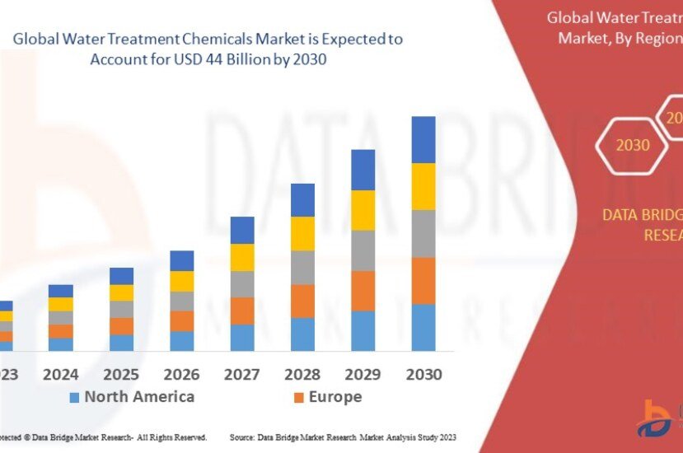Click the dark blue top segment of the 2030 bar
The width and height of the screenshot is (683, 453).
click(x=423, y=139)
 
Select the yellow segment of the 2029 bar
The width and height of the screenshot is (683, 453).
click(x=363, y=210)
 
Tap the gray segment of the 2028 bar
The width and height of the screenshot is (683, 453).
click(x=302, y=268)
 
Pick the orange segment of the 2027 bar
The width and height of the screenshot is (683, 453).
click(x=242, y=311)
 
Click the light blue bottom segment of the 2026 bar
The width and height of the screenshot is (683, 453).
click(x=181, y=341)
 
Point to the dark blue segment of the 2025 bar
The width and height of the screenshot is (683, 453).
click(x=121, y=276)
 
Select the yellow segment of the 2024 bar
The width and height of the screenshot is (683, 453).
click(x=61, y=304)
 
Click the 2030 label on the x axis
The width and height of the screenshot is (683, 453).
click(x=423, y=374)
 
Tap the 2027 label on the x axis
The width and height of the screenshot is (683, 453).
click(x=242, y=374)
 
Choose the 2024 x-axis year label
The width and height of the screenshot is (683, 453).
click(x=61, y=374)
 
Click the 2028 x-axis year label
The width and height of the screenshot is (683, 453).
click(x=302, y=374)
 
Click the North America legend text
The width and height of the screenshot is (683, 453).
click(x=139, y=397)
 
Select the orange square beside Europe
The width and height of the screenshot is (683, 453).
click(x=298, y=398)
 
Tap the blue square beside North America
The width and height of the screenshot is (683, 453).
click(x=74, y=398)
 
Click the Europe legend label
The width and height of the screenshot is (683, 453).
click(x=334, y=397)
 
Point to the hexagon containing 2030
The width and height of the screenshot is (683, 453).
click(x=633, y=146)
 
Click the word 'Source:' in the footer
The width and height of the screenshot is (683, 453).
click(x=243, y=437)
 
